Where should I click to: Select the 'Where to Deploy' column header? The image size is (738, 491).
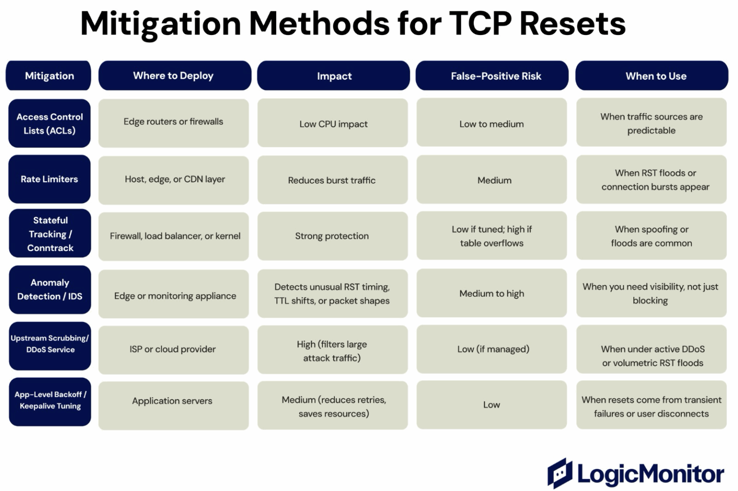point(174,75)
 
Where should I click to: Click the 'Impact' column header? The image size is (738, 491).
point(333,76)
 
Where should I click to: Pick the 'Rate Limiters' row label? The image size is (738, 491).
point(49,179)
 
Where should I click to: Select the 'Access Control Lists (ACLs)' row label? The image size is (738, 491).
point(49,123)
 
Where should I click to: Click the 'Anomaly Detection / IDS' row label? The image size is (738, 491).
point(49,289)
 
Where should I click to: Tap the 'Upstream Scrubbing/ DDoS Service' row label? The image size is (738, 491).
point(50,344)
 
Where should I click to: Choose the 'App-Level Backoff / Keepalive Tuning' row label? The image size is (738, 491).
point(50,400)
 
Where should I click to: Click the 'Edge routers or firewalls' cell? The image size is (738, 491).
point(173,122)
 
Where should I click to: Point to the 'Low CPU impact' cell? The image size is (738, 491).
point(333,124)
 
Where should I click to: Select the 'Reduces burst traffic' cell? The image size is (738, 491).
point(332,180)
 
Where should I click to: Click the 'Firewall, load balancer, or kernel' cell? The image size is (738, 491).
point(174,236)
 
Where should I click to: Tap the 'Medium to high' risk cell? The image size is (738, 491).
point(492,293)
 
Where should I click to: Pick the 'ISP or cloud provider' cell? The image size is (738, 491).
point(173,349)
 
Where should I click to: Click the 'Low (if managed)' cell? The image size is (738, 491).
point(492,349)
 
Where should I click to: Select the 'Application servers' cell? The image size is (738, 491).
point(172,401)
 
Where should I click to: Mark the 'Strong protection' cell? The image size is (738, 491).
point(332,236)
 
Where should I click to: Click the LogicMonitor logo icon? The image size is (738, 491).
point(560,473)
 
